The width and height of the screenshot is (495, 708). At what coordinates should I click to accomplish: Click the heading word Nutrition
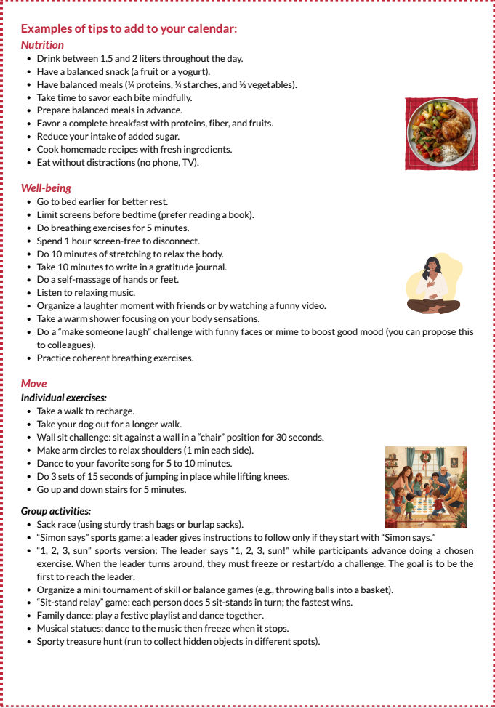[x=42, y=45]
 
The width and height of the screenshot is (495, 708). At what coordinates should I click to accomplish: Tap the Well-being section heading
[x=46, y=188]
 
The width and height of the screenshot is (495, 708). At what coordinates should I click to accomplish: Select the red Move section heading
[x=33, y=384]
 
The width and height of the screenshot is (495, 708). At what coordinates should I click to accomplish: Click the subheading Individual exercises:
[x=64, y=398]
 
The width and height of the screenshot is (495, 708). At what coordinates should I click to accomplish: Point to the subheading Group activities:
[x=56, y=511]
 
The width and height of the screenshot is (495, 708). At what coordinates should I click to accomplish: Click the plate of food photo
[x=441, y=134]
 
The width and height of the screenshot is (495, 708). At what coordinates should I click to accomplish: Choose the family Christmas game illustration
[x=425, y=487]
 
